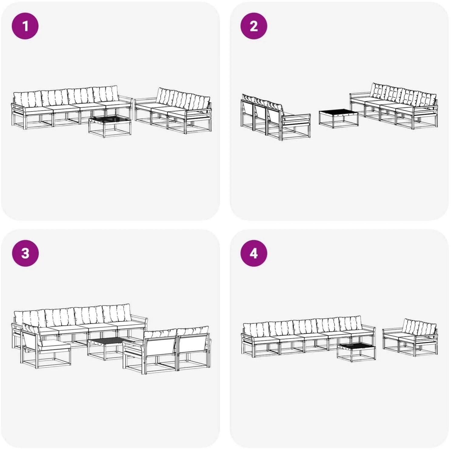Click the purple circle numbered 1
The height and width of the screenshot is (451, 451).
coord(25,26)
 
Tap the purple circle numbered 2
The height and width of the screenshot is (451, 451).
coord(254,26)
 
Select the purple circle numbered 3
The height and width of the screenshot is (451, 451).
coord(25,253)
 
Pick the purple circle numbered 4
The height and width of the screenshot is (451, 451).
coord(254,253)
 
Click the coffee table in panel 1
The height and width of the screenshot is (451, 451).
coord(110,127)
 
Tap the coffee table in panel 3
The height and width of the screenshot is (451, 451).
coord(109,349)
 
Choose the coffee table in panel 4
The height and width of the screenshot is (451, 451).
coord(356,352)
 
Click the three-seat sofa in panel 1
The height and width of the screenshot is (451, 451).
coord(173,110)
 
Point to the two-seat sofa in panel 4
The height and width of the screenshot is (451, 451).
coord(410,337)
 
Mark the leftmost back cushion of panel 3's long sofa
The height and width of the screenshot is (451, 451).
coord(29,318)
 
